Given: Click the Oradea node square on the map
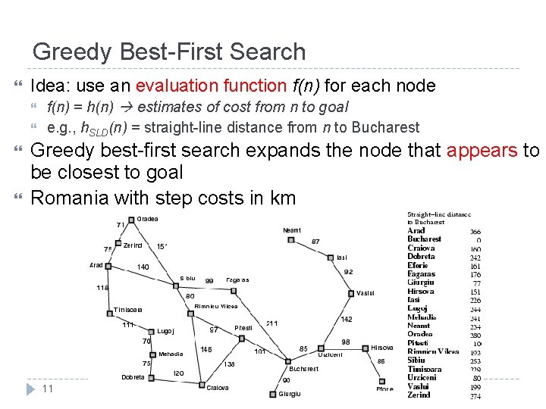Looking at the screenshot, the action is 131,220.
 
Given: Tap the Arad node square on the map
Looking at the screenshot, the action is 109,266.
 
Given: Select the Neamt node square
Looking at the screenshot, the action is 291,240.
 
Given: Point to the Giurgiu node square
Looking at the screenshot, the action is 272,394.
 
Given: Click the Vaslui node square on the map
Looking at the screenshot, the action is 350,292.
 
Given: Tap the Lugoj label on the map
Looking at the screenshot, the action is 165,331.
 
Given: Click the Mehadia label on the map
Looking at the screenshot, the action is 171,354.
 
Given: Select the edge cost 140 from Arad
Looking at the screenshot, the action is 143,267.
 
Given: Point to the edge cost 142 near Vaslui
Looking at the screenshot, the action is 346,320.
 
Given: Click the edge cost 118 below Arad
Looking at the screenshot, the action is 102,288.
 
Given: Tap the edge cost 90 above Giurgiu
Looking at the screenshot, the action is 287,379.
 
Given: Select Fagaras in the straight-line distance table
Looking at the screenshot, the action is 421,273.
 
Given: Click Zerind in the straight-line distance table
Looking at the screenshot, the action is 419,395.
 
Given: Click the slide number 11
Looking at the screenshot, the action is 47,389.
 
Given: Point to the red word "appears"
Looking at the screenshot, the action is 482,150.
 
